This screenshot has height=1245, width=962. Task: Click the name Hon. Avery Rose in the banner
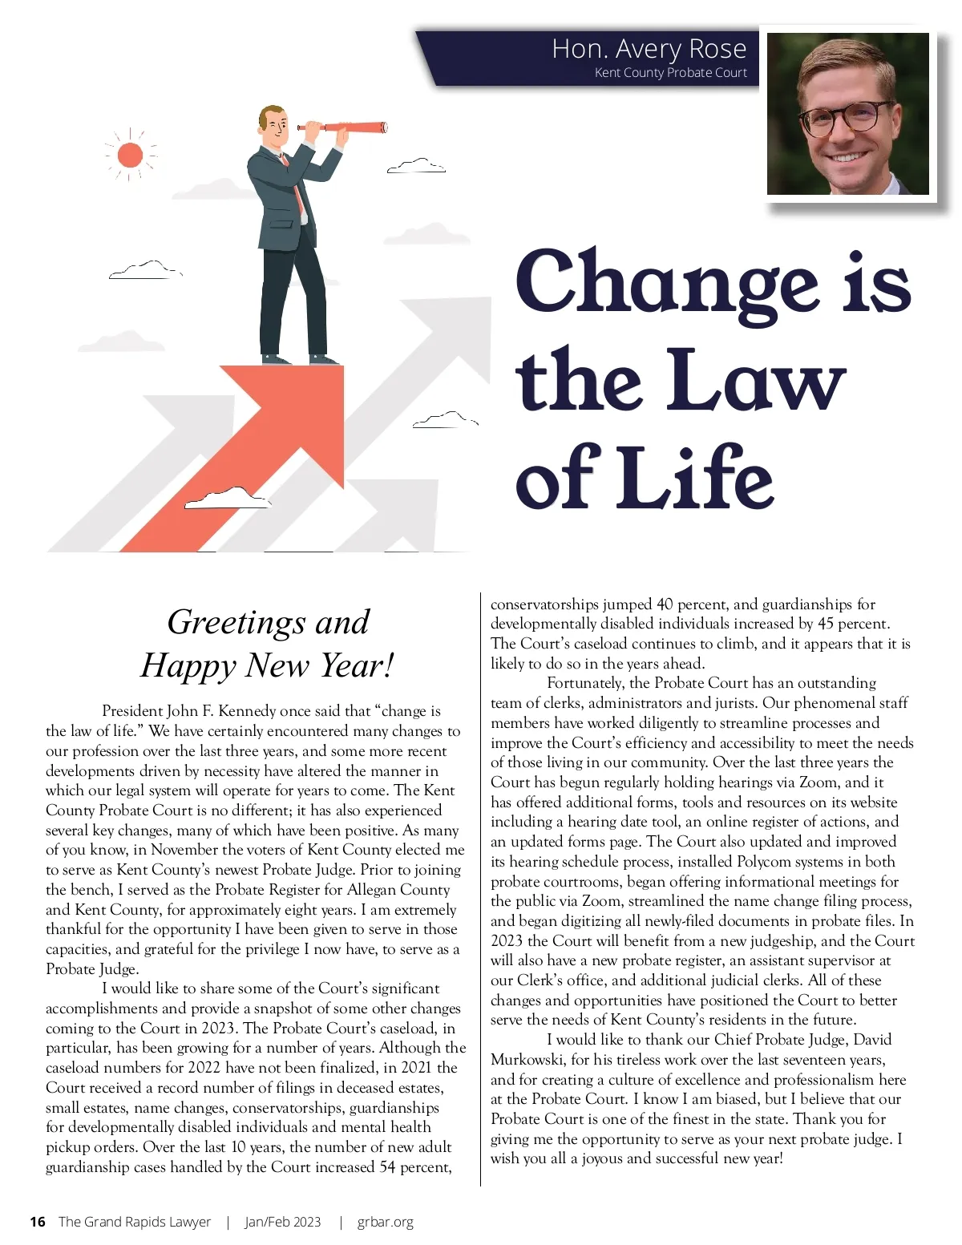click(649, 49)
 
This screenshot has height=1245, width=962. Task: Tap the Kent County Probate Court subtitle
click(670, 73)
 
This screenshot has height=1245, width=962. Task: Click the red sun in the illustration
click(130, 155)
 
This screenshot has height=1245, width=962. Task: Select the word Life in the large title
click(696, 479)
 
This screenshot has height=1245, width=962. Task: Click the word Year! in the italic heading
click(358, 665)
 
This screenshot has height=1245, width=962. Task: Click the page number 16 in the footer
click(38, 1222)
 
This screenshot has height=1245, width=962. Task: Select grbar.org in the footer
click(386, 1222)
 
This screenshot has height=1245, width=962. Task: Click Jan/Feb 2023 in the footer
click(283, 1222)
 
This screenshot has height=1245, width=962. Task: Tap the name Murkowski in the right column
click(527, 1060)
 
